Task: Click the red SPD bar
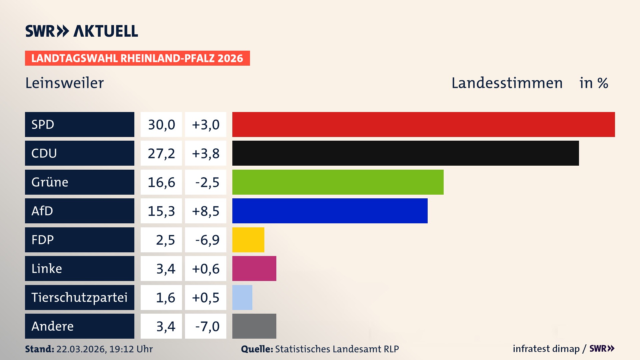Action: [x=423, y=124]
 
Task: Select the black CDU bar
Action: [x=405, y=153]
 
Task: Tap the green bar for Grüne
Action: [x=338, y=182]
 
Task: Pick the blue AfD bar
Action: [x=330, y=211]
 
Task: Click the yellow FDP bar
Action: [x=248, y=240]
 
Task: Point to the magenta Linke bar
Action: [x=254, y=268]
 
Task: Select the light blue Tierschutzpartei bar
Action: [x=242, y=297]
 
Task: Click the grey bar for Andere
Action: [x=254, y=326]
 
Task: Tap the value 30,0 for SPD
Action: [x=161, y=125]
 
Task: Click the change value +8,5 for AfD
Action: [x=206, y=211]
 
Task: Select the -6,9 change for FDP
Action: [x=207, y=240]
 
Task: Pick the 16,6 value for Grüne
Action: [x=161, y=182]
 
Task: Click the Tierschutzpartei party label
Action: [x=79, y=297]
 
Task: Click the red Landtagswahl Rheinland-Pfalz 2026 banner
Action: [x=137, y=58]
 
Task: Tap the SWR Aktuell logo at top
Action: [x=82, y=31]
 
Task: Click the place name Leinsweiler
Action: [x=65, y=83]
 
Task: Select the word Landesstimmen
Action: [x=507, y=83]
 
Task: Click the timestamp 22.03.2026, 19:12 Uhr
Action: [x=104, y=349]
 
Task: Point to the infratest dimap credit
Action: [x=546, y=349]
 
